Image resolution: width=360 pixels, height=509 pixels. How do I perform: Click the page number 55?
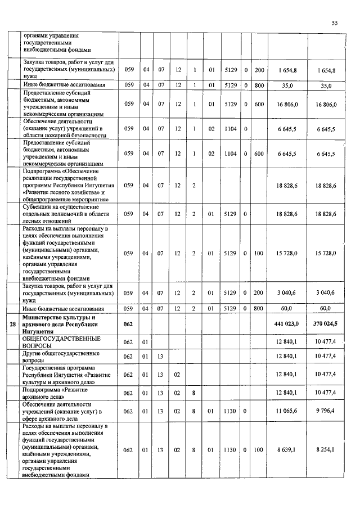335,23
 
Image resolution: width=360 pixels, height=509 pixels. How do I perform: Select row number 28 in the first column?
13,325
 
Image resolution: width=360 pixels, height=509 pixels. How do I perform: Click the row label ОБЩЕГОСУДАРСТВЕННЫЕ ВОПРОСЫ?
61,343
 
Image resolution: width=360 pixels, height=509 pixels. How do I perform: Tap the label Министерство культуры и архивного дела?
61,325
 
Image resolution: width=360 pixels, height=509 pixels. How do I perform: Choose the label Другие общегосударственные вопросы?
61,357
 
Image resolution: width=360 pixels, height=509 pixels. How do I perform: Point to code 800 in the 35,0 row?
259,85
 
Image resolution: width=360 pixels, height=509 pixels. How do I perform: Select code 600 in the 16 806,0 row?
259,104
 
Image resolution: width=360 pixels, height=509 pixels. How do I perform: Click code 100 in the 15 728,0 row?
259,254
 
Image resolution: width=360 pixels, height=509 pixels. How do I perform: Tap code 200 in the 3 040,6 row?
259,293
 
